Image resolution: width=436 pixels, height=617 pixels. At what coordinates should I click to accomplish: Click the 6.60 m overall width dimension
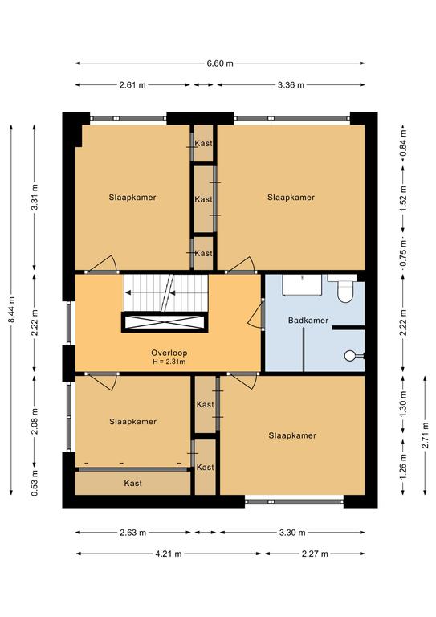pyautogui.click(x=220, y=63)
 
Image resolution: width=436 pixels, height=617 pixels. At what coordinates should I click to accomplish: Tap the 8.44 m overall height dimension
pyautogui.click(x=12, y=309)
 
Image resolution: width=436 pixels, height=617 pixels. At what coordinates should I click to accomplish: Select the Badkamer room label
pyautogui.click(x=308, y=321)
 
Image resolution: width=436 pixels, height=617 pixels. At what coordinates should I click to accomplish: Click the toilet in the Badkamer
pyautogui.click(x=345, y=292)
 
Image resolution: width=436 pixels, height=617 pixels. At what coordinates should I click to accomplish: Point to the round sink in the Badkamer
pyautogui.click(x=350, y=356)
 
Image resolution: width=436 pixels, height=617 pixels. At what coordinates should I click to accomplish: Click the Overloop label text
pyautogui.click(x=169, y=353)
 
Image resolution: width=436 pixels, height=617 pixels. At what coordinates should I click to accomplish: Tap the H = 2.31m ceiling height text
pyautogui.click(x=169, y=362)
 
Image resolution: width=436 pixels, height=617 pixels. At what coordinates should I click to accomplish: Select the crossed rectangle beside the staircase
pyautogui.click(x=165, y=322)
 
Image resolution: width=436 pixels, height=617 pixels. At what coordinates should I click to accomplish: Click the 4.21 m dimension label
pyautogui.click(x=169, y=554)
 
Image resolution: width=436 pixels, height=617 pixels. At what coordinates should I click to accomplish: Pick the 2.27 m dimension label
pyautogui.click(x=315, y=554)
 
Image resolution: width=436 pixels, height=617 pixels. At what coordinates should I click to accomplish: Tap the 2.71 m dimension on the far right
pyautogui.click(x=425, y=435)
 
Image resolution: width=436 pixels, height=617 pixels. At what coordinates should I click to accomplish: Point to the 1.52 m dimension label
pyautogui.click(x=403, y=198)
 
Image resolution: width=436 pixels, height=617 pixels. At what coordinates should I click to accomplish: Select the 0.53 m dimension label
pyautogui.click(x=35, y=483)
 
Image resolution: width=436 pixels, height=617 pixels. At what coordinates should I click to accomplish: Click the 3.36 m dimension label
pyautogui.click(x=291, y=84)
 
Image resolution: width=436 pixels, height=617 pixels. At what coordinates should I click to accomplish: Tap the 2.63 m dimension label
pyautogui.click(x=132, y=533)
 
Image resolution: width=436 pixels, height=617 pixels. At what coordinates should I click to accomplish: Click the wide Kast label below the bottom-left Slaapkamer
pyautogui.click(x=132, y=483)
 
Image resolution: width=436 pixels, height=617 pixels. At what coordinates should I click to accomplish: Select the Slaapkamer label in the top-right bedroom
pyautogui.click(x=291, y=198)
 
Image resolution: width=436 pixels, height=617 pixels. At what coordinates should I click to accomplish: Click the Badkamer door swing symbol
pyautogui.click(x=255, y=313)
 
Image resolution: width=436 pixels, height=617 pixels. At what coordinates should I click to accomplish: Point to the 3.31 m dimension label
pyautogui.click(x=35, y=197)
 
